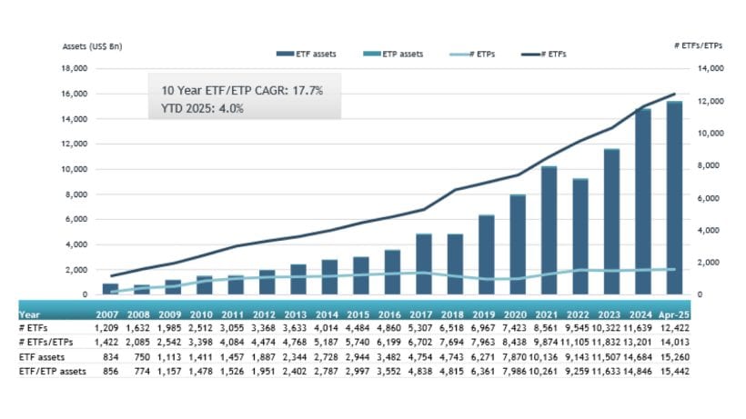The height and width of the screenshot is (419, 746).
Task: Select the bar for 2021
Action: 549,231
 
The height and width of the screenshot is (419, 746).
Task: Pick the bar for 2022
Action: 580,236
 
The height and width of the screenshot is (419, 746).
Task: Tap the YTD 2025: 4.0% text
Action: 201,108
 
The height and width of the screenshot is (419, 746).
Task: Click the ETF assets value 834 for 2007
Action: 109,358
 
